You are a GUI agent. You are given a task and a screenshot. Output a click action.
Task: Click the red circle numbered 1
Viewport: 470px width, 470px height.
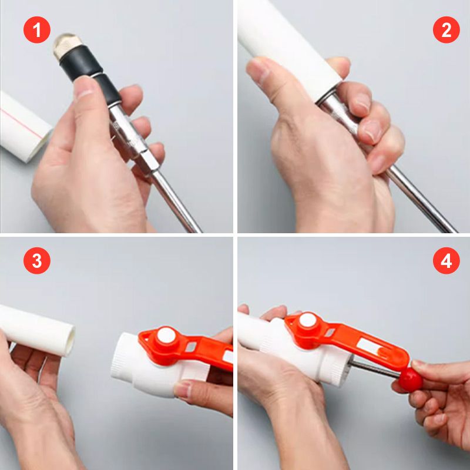pyautogui.click(x=37, y=30)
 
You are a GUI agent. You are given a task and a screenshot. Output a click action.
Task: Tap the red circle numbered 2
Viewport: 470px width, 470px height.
pyautogui.click(x=446, y=30)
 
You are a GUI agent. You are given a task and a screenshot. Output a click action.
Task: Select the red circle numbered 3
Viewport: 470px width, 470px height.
pyautogui.click(x=37, y=260)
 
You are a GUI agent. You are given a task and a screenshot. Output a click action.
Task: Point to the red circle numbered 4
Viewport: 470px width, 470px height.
pyautogui.click(x=446, y=260)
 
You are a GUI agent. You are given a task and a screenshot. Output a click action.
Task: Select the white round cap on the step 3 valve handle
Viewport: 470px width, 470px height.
pyautogui.click(x=166, y=335)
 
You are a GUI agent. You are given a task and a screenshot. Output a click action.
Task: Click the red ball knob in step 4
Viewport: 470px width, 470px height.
pyautogui.click(x=410, y=380)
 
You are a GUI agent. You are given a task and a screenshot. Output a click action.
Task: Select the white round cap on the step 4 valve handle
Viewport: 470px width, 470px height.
pyautogui.click(x=308, y=320)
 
